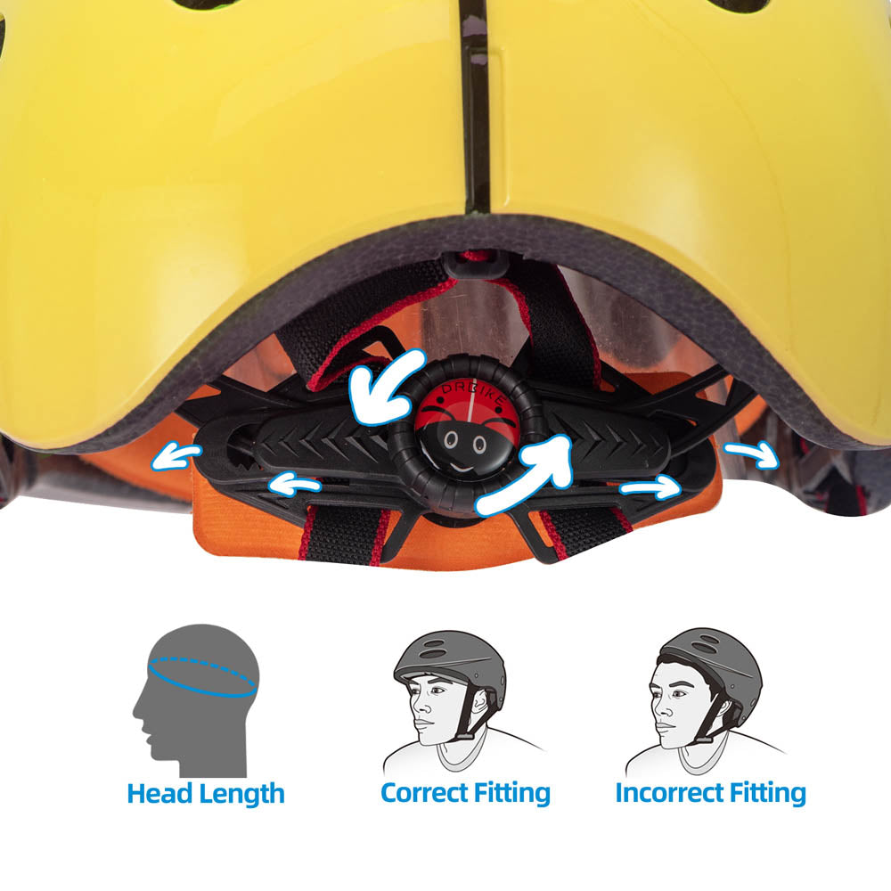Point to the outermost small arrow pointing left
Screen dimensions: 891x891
click(x=176, y=456)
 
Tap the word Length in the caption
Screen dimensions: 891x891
click(x=242, y=794)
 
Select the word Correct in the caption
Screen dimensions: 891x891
click(x=425, y=791)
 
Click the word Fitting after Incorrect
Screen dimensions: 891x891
click(x=764, y=792)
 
